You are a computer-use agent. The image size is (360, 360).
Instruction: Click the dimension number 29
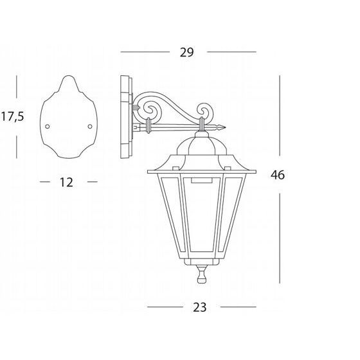coord(186,52)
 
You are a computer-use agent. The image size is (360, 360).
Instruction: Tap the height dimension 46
coord(278,175)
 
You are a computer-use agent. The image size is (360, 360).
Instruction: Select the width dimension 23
coord(199,307)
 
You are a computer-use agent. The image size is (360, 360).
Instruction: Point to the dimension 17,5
coord(13,116)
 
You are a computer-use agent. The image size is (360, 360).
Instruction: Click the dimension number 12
coord(66,183)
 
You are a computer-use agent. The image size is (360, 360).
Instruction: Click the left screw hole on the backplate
coord(48,127)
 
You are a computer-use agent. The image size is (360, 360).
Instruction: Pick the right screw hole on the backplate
coord(90,126)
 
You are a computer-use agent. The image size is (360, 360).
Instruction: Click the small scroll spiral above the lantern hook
coord(204,111)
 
